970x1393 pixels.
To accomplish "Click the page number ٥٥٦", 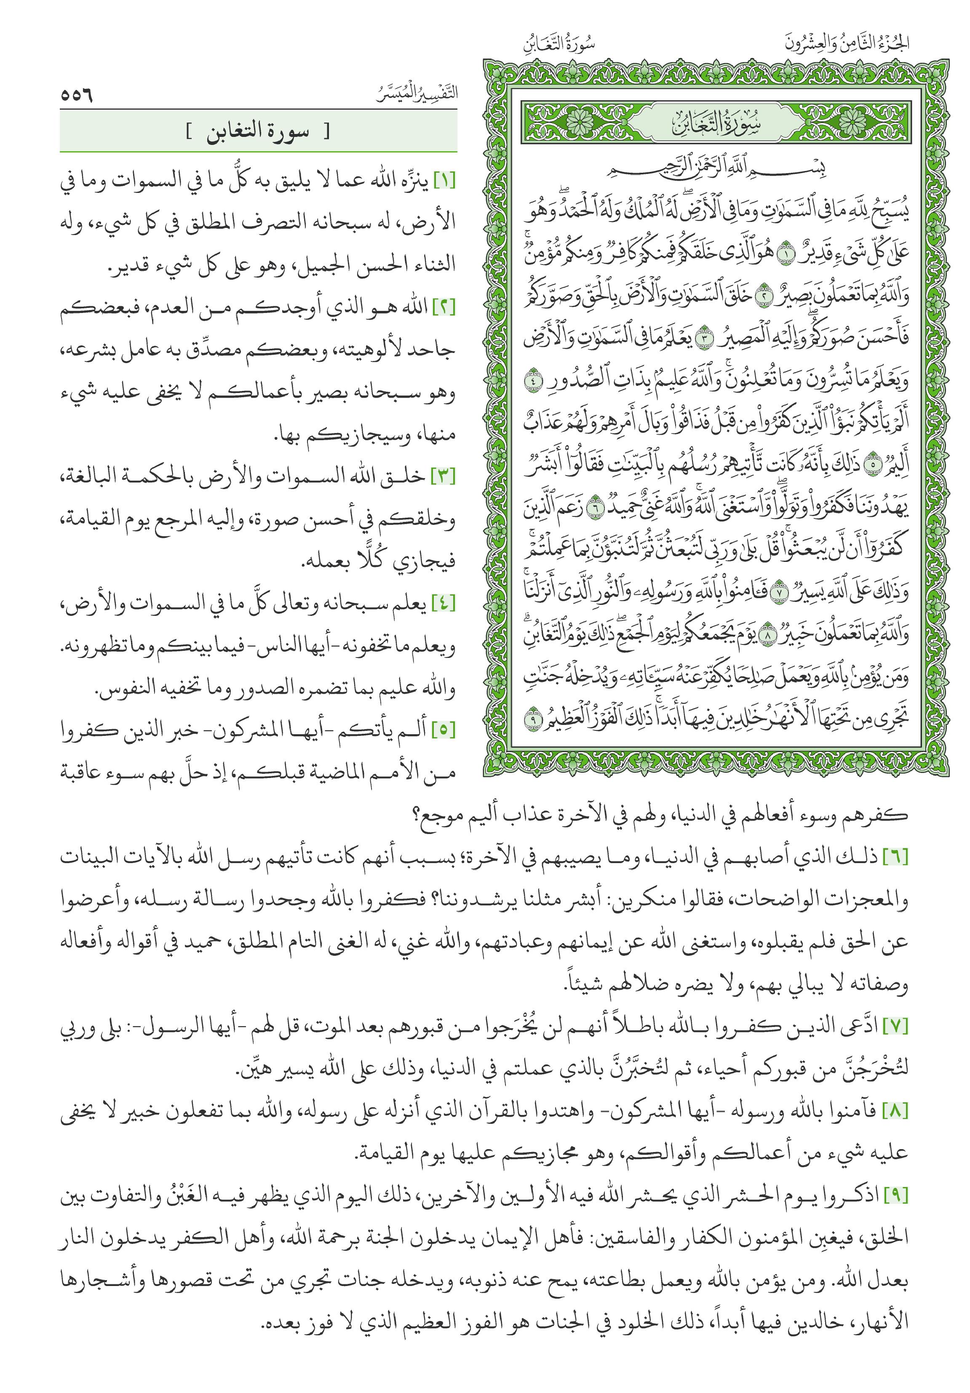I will [76, 95].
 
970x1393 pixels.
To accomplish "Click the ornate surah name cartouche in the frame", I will [716, 123].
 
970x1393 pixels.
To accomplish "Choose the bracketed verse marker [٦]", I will [896, 858].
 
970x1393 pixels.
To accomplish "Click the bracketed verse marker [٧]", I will [896, 1028].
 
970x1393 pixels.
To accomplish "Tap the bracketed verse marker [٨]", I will [896, 1112].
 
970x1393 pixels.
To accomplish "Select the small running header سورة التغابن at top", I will [558, 44].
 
